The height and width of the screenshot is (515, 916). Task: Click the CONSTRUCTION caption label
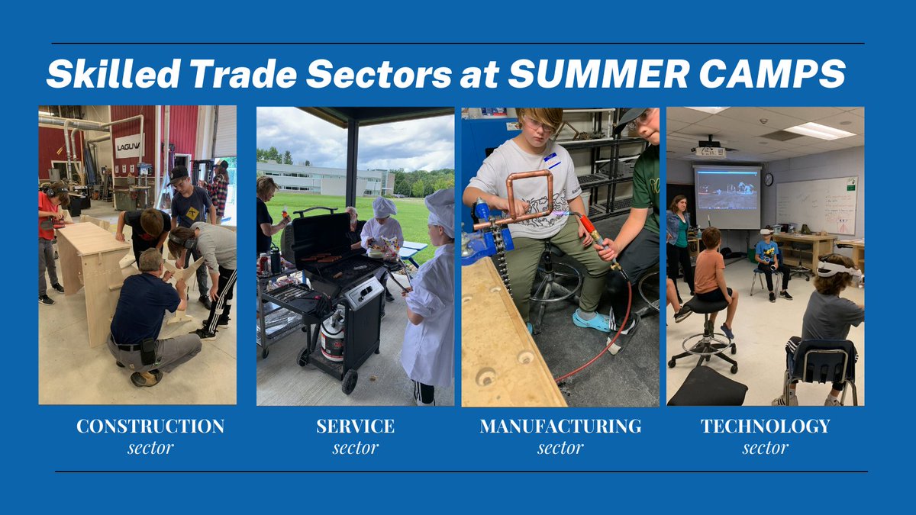pos(150,426)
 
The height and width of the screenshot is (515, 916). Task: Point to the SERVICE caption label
pos(356,426)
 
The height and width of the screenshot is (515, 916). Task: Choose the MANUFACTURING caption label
pos(560,426)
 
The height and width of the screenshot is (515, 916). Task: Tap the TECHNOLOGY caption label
pos(765,426)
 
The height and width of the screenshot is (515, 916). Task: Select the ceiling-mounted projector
pos(710,150)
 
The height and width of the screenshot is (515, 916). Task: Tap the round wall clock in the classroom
pos(769,180)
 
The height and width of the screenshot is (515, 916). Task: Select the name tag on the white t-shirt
pos(552,161)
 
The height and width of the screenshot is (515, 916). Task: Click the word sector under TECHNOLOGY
pos(765,448)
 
